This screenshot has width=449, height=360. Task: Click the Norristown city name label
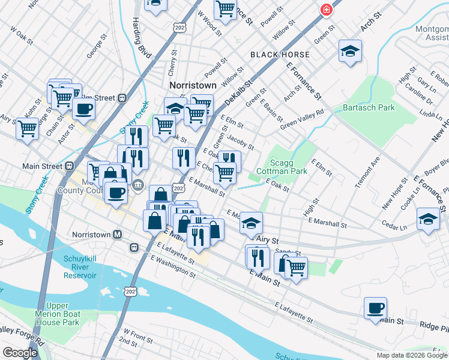[193, 85]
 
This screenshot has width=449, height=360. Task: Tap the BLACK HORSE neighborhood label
[280, 55]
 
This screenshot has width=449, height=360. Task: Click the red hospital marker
[326, 10]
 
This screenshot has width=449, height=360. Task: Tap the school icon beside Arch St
[350, 52]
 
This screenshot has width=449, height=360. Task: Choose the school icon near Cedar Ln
[429, 219]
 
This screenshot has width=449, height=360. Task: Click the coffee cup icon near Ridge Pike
[376, 308]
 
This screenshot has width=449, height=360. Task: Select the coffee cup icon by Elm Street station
[83, 109]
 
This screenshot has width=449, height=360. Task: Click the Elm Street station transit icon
[122, 98]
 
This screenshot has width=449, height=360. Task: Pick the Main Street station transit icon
[70, 166]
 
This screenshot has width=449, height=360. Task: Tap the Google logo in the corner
[20, 353]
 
